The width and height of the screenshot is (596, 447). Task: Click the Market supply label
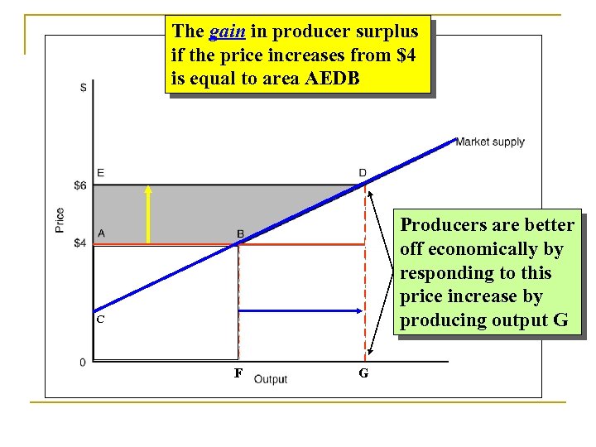pyautogui.click(x=490, y=142)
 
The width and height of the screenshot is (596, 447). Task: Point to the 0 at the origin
pyautogui.click(x=83, y=362)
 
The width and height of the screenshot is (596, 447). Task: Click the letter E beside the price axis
pyautogui.click(x=100, y=172)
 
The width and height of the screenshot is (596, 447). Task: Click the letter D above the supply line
pyautogui.click(x=363, y=172)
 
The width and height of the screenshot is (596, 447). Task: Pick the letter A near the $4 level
pyautogui.click(x=100, y=233)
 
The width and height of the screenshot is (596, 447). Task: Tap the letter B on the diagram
pyautogui.click(x=240, y=234)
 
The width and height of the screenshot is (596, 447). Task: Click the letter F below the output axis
pyautogui.click(x=238, y=373)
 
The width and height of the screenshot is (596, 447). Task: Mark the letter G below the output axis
pyautogui.click(x=363, y=374)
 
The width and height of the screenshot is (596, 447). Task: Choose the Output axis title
pyautogui.click(x=271, y=379)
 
